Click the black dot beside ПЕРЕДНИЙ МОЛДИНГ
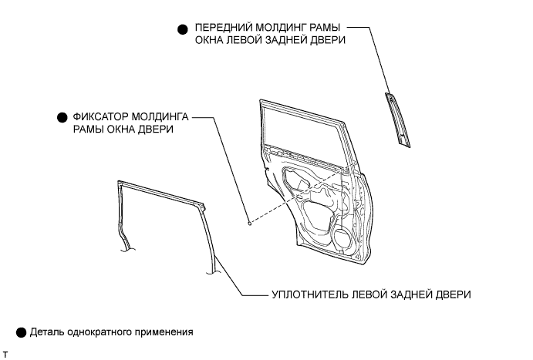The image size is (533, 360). [x=183, y=29]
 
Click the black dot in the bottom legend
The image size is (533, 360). [x=21, y=333]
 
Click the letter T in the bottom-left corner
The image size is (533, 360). [x=5, y=354]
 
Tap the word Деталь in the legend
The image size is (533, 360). [x=48, y=333]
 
